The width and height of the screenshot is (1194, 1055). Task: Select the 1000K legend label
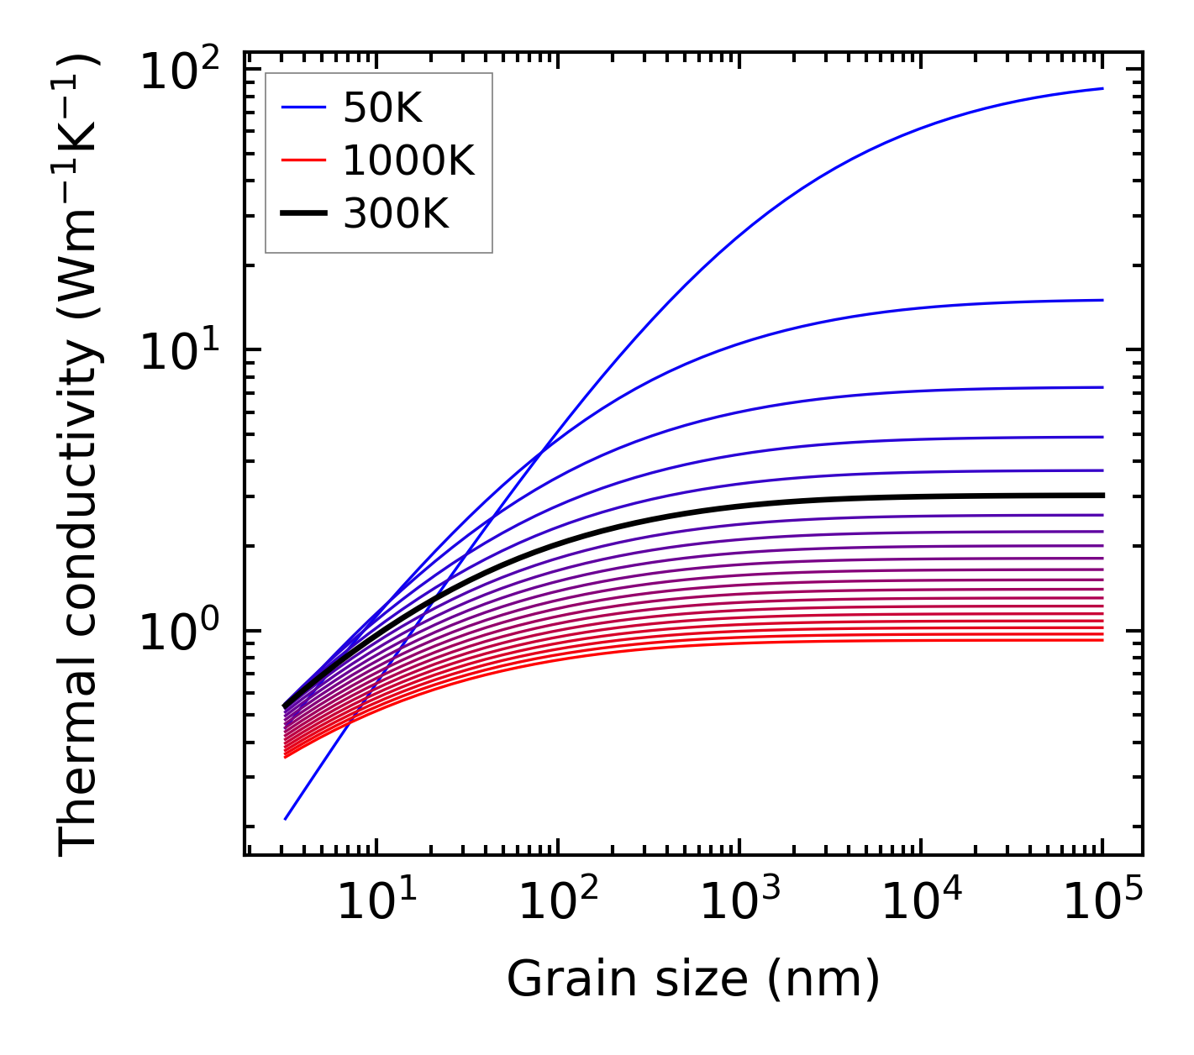(x=408, y=160)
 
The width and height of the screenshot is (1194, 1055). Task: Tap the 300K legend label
(x=396, y=214)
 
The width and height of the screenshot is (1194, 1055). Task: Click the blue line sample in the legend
(x=302, y=108)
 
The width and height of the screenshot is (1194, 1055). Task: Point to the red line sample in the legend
(x=302, y=160)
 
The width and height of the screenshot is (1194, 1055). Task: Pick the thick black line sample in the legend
(x=302, y=214)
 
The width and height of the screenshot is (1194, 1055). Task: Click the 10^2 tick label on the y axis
(x=179, y=71)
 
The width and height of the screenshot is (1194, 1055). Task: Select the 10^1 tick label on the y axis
(x=179, y=353)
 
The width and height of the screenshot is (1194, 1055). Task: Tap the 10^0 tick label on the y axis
(x=179, y=633)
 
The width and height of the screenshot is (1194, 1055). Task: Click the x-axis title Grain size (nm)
(x=693, y=979)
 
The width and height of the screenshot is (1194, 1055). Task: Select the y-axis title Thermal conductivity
(x=80, y=454)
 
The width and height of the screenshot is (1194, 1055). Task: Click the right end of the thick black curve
(x=1102, y=496)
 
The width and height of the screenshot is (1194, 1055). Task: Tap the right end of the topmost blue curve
(x=1102, y=88)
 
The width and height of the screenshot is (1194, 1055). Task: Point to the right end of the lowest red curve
(x=1102, y=640)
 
